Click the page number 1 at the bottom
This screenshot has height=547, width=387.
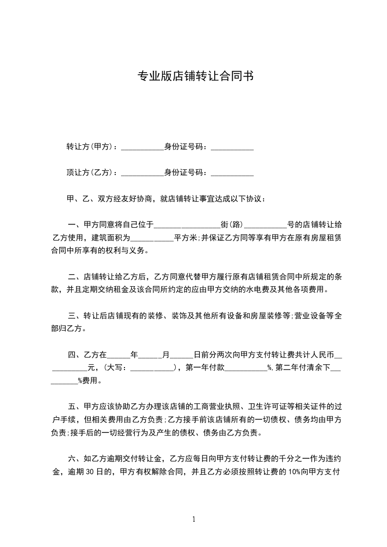click(x=194, y=519)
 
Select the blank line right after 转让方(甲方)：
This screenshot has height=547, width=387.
click(x=142, y=148)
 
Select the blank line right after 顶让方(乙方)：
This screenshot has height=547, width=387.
click(x=142, y=174)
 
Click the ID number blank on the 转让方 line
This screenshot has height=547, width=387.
click(x=232, y=148)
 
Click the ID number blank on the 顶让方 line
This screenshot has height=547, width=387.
click(x=232, y=174)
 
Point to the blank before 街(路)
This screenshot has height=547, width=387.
click(x=187, y=226)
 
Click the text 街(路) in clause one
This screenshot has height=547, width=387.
click(x=231, y=225)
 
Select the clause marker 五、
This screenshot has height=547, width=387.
click(x=75, y=406)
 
